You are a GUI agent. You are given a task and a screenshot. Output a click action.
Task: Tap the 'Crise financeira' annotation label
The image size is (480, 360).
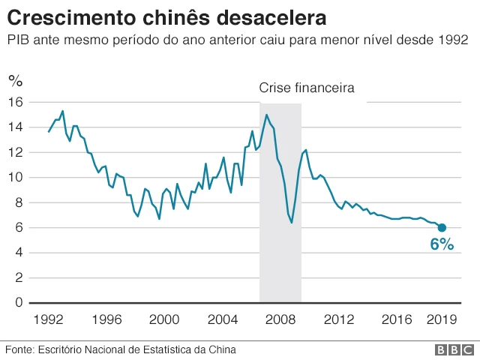306,88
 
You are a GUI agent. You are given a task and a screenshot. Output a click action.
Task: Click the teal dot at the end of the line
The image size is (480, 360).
442,227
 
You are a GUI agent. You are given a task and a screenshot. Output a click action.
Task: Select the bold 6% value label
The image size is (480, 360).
442,244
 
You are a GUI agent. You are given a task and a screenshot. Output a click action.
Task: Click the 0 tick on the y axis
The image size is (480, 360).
19,302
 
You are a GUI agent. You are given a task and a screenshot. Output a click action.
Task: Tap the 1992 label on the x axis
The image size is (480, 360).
49,319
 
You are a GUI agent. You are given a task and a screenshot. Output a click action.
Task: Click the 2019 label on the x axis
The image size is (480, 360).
442,319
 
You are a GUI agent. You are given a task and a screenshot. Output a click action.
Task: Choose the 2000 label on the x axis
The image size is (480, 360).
164,319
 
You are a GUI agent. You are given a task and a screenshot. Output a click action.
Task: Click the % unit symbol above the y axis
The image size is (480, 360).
15,80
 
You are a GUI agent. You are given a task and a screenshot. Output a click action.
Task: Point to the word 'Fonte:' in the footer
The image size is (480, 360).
19,349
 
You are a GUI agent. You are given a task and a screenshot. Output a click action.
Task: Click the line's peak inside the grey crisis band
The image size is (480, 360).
266,115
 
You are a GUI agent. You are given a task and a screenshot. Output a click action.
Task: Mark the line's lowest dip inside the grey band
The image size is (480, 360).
292,223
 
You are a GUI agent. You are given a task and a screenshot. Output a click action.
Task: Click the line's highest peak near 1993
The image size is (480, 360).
62,111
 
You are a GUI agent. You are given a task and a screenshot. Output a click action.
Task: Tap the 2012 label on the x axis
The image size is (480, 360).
338,319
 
